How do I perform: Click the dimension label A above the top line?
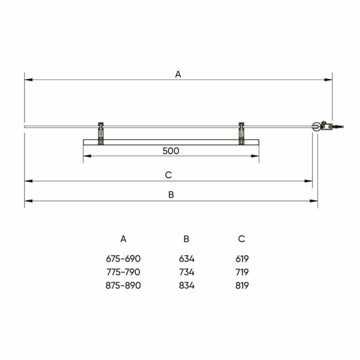coord(178,74)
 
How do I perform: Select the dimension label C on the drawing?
coord(168,175)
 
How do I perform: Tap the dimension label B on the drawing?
coord(171,194)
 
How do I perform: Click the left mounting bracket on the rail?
coord(100,132)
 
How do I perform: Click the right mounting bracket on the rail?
coord(241,132)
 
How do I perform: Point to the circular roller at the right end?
coord(316,127)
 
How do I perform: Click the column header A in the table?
coord(124,239)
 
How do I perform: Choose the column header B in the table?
coord(187,239)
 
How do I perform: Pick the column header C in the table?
coord(241,239)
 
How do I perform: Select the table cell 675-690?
coord(124,259)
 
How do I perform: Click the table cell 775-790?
coord(124,272)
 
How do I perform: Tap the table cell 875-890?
coord(124,285)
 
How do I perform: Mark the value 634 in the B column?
coord(187,259)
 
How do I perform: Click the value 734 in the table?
coord(187,272)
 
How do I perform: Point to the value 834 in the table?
coord(187,285)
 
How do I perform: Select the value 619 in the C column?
coord(241,259)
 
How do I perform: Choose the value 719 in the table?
coord(241,272)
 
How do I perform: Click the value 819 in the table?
coord(241,285)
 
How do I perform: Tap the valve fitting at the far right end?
coord(334,127)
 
